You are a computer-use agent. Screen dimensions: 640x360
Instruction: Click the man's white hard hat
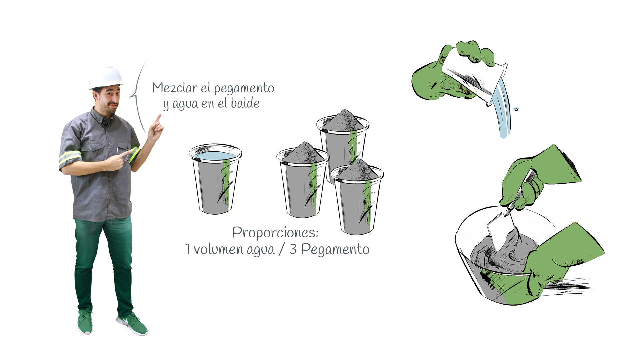[106, 77]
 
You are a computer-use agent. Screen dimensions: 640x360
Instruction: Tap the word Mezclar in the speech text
[174, 88]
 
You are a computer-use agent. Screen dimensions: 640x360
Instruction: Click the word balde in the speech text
[245, 103]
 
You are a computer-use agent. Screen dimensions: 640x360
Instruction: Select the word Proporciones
[275, 233]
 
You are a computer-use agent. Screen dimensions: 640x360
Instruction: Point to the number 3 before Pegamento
[293, 249]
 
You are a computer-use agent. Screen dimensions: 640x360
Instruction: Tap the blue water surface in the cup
[215, 155]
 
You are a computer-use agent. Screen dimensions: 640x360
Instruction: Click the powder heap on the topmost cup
[343, 121]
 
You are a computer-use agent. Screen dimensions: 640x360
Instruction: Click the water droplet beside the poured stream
[516, 108]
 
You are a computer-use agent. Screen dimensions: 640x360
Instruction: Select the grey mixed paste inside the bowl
[503, 253]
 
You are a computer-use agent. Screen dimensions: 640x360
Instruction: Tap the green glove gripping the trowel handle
[533, 178]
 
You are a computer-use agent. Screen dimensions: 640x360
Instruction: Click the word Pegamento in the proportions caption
[335, 249]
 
